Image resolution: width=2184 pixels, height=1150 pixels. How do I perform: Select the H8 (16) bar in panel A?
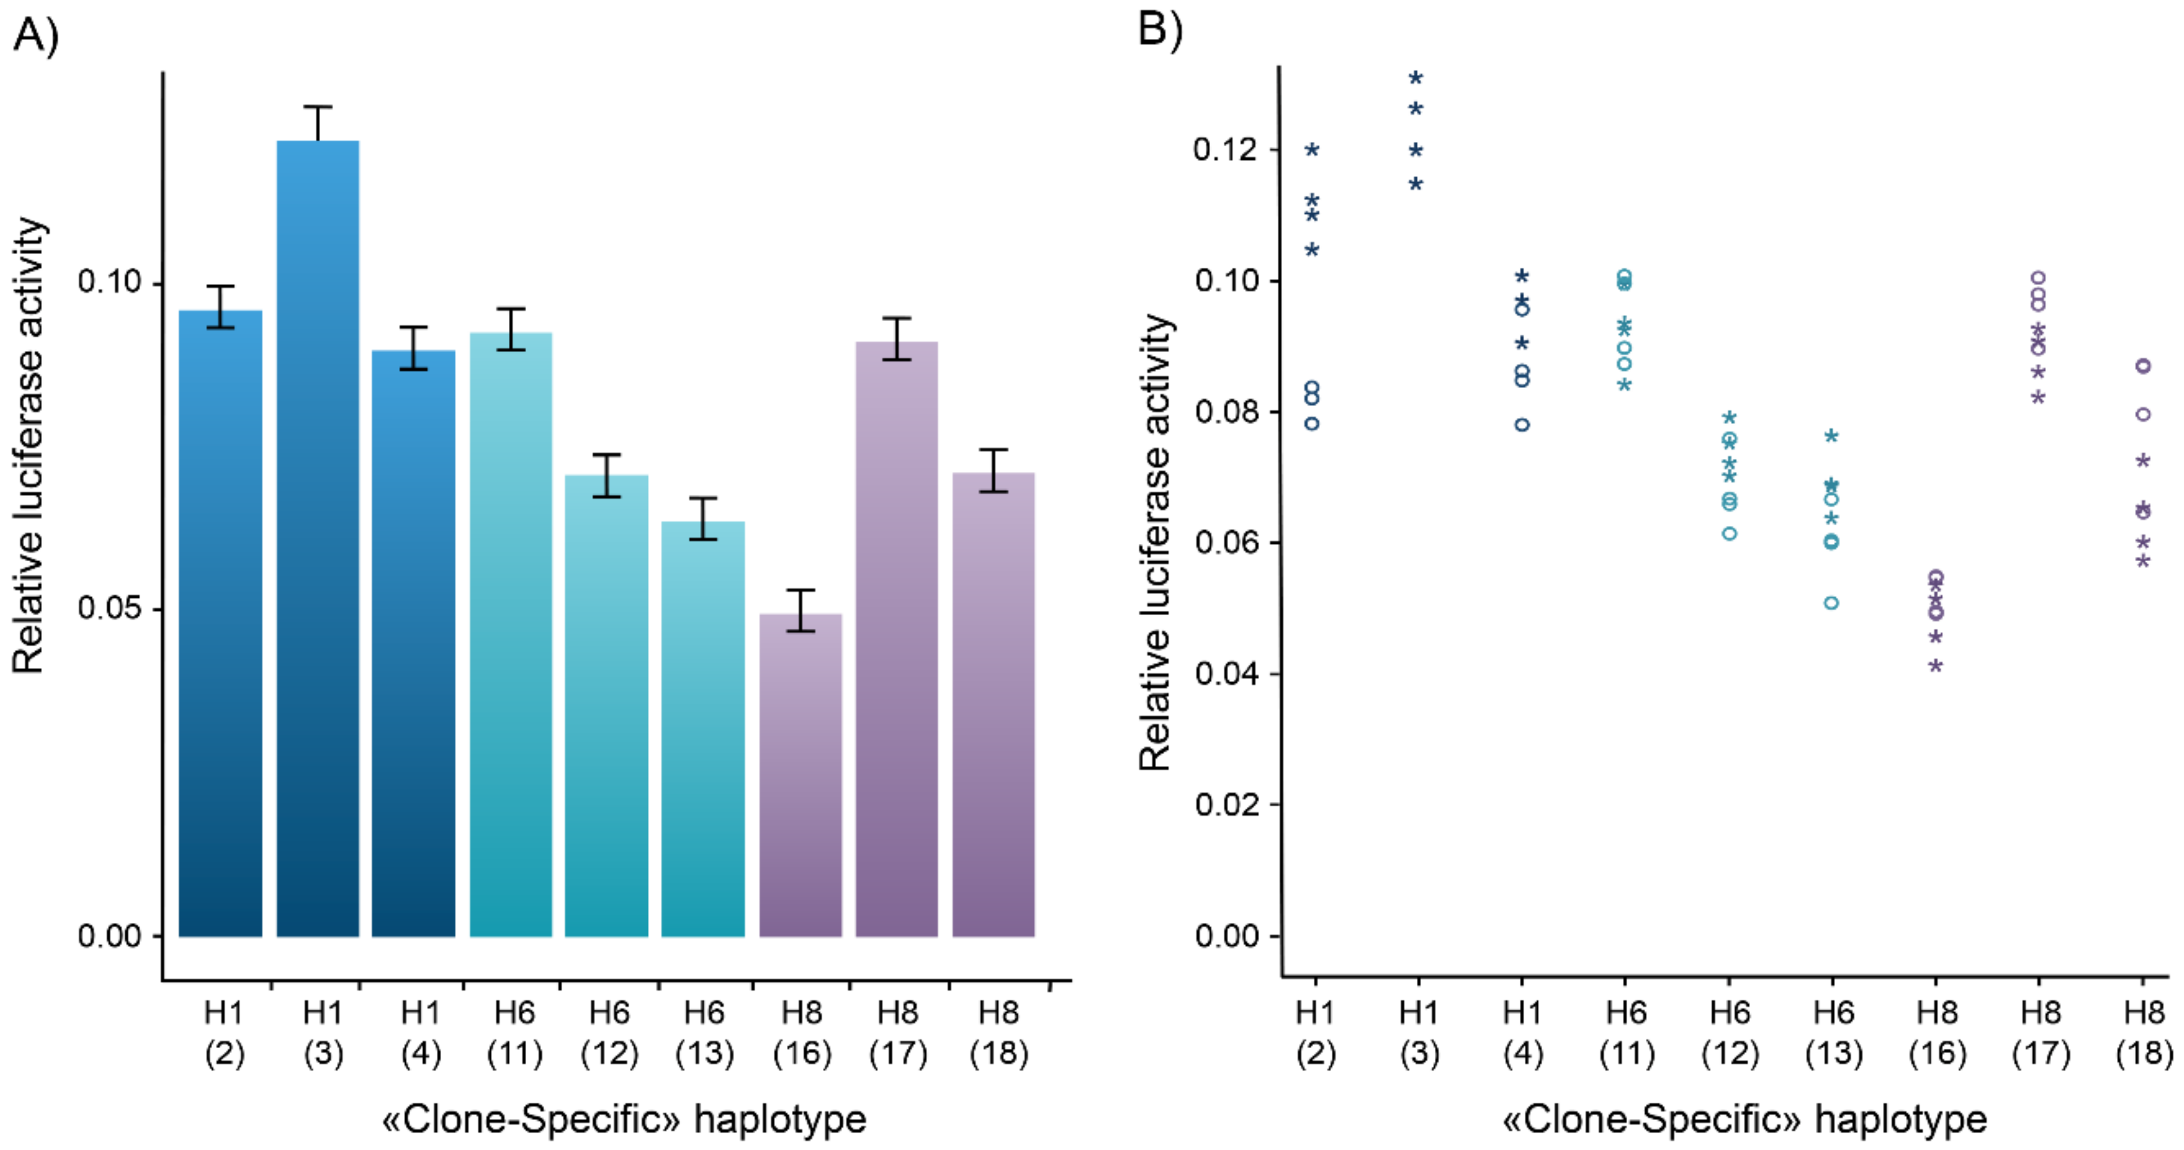[x=800, y=776]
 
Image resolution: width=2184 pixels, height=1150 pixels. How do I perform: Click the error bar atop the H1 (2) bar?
[x=221, y=307]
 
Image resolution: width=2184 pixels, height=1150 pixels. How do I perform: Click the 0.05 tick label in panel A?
[x=108, y=609]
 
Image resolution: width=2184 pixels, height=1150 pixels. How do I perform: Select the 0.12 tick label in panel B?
[x=1224, y=150]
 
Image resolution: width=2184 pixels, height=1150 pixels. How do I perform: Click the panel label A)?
[x=35, y=35]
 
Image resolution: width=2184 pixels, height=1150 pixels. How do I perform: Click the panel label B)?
[x=1159, y=30]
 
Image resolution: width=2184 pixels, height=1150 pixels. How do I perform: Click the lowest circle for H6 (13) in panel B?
[x=1832, y=603]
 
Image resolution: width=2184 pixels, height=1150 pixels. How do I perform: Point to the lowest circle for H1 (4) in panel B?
[x=1522, y=425]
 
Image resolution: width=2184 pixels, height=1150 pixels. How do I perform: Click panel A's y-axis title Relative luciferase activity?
[x=29, y=445]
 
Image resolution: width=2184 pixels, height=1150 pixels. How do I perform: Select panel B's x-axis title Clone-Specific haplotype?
[x=1744, y=1119]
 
